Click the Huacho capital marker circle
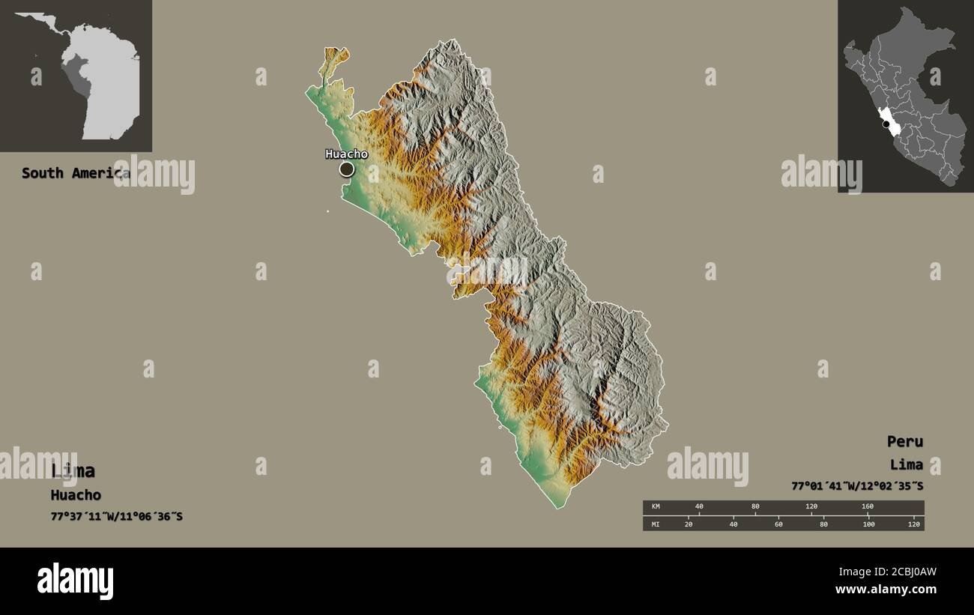[346, 169]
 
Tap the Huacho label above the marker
[346, 154]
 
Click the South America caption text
[75, 173]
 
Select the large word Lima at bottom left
[73, 471]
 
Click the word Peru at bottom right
[905, 441]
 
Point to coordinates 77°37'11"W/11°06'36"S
[116, 517]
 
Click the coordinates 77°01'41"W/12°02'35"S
[857, 485]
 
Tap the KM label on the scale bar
[656, 507]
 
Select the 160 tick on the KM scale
[868, 507]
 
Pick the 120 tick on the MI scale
[913, 524]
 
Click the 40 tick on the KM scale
[699, 507]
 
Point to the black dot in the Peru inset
[886, 124]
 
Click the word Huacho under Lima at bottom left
[76, 495]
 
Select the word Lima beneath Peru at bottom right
[907, 464]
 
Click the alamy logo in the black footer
[75, 581]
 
